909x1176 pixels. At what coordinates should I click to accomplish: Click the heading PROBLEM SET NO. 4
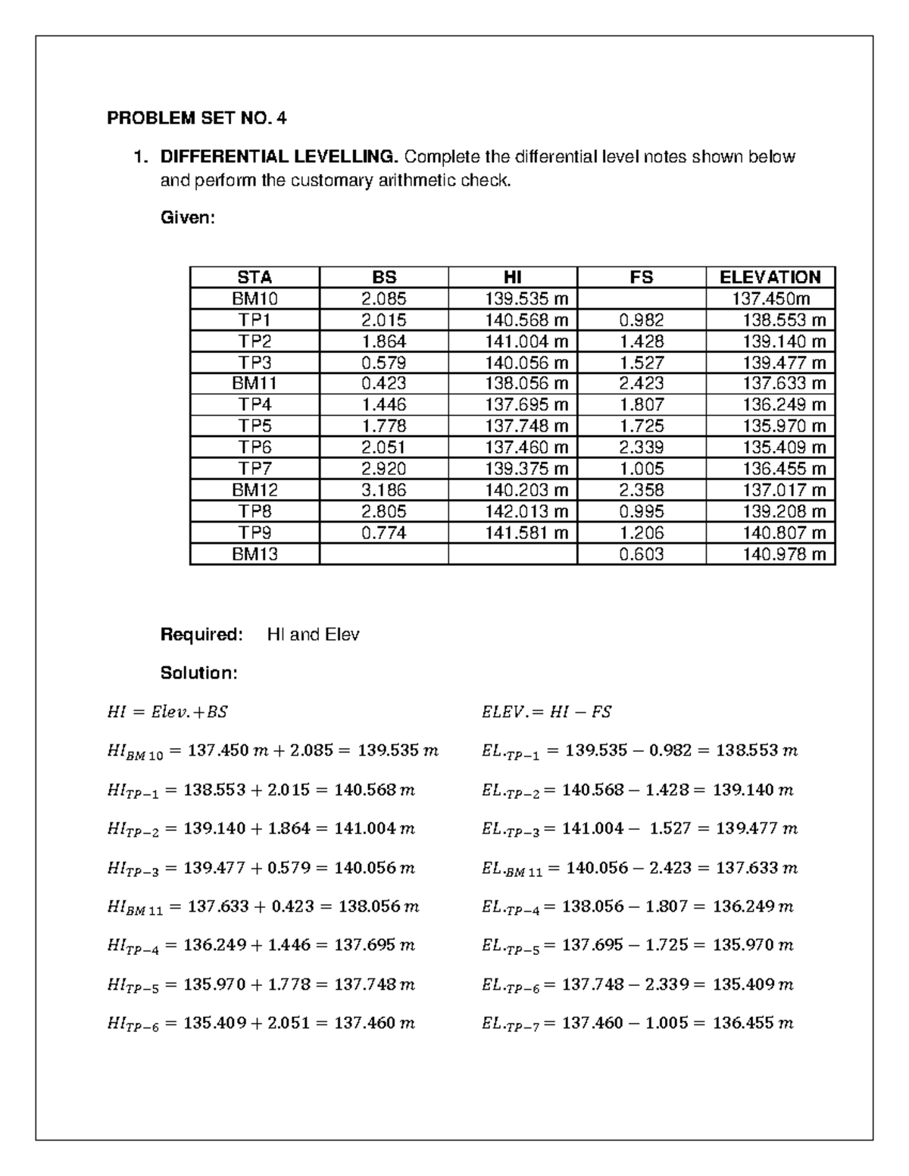197,118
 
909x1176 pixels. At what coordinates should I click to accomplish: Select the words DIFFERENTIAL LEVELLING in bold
278,157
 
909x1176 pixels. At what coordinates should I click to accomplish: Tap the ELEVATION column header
770,277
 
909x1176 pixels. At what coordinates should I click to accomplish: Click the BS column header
384,277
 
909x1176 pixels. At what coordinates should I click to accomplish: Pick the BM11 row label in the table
255,383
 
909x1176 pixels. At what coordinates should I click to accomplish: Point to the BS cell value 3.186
383,490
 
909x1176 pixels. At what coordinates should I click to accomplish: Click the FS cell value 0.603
641,554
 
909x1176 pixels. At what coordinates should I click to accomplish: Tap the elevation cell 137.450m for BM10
770,298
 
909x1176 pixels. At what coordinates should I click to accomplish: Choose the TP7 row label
255,469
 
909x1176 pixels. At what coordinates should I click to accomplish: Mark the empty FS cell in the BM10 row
641,298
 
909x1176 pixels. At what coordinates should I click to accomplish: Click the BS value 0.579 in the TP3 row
383,362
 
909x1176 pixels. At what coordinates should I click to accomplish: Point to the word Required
201,635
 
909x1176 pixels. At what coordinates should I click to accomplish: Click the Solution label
199,672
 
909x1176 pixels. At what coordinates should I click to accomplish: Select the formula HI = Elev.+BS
167,712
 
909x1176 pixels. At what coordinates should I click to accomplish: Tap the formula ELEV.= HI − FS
546,712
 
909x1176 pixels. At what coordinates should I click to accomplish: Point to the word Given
188,218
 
